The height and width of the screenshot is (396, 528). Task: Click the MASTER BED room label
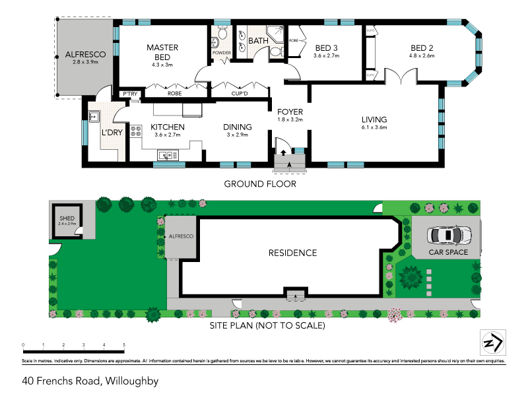(159, 51)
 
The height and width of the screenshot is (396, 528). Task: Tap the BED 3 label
(326, 48)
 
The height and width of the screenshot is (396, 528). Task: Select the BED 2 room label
(422, 48)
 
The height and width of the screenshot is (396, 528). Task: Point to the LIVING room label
(374, 119)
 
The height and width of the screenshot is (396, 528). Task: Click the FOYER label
(290, 112)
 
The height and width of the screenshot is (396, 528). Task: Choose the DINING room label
(237, 127)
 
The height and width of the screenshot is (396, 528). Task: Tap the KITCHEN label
(167, 127)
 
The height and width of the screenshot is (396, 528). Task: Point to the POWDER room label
(220, 53)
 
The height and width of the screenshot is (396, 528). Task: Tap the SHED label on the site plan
(67, 218)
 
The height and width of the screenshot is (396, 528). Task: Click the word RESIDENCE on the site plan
(292, 253)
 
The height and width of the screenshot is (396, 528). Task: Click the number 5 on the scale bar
(124, 345)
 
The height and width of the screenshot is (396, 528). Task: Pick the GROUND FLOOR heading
(259, 183)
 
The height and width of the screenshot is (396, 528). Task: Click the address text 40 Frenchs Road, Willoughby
(90, 381)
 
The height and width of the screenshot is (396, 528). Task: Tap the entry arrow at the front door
(283, 152)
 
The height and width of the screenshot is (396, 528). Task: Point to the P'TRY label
(129, 94)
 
